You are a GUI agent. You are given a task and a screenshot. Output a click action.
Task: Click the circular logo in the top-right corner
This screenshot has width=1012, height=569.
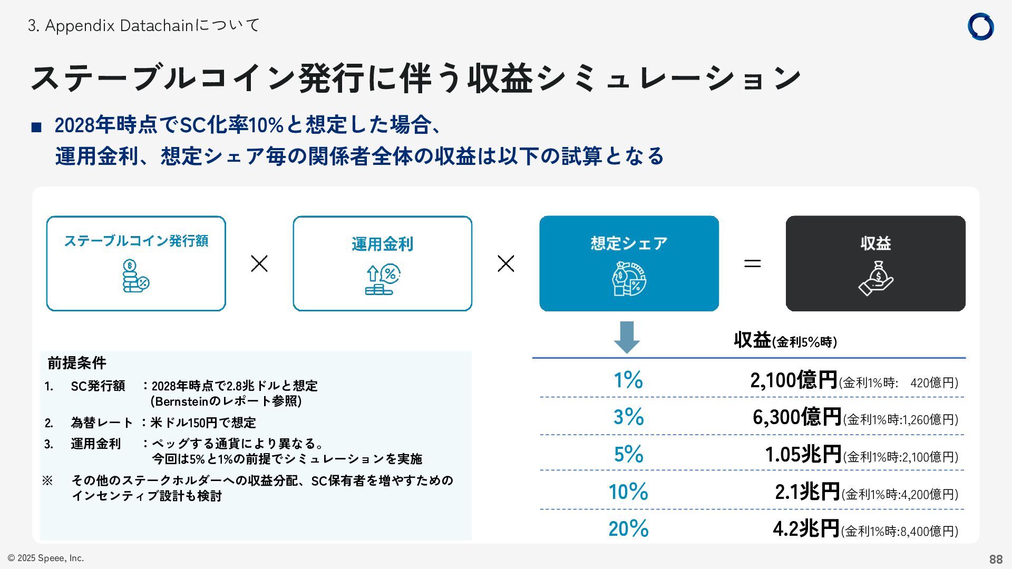pyautogui.click(x=980, y=27)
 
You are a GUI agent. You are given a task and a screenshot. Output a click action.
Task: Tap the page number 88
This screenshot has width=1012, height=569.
pyautogui.click(x=995, y=559)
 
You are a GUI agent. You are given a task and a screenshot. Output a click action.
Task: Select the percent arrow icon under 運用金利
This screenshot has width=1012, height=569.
pyautogui.click(x=383, y=280)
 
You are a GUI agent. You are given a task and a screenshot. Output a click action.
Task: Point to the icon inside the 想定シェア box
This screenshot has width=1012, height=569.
pyautogui.click(x=629, y=279)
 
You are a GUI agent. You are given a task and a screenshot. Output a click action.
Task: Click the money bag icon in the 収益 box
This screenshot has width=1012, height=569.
pyautogui.click(x=875, y=279)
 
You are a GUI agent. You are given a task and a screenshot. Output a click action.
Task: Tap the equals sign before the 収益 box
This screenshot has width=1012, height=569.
pyautogui.click(x=752, y=263)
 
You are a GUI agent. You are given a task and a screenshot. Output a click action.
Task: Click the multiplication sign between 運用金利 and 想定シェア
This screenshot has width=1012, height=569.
pyautogui.click(x=506, y=263)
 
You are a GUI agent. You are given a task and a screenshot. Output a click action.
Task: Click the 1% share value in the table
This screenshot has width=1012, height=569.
pyautogui.click(x=628, y=380)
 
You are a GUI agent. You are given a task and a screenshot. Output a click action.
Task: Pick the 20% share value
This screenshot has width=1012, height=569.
pyautogui.click(x=628, y=528)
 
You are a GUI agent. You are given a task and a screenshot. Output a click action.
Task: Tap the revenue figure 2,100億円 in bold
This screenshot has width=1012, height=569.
pyautogui.click(x=793, y=380)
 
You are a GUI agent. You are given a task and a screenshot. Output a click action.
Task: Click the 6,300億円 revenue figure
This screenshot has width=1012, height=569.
pyautogui.click(x=796, y=417)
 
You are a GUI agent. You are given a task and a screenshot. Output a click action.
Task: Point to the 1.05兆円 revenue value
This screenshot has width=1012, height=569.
pyautogui.click(x=803, y=454)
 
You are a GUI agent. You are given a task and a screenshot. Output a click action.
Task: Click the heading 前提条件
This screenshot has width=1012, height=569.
pyautogui.click(x=77, y=363)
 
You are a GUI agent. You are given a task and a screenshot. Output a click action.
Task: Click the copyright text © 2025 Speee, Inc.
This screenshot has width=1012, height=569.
pyautogui.click(x=46, y=558)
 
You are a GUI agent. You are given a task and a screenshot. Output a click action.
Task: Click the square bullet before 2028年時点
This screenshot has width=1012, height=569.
pyautogui.click(x=36, y=127)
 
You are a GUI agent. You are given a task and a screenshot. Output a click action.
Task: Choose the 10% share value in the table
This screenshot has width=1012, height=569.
pyautogui.click(x=628, y=492)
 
